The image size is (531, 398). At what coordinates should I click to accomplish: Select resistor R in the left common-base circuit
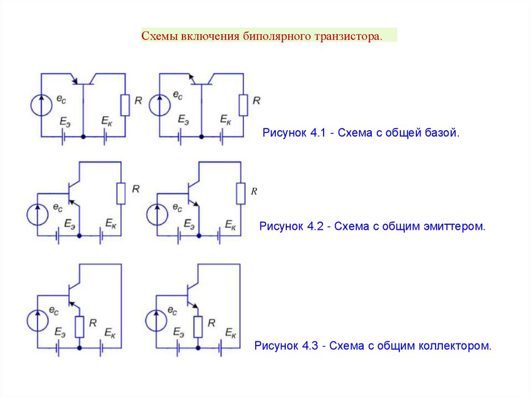[x=125, y=105]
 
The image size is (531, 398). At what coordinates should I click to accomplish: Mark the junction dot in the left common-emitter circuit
[x=79, y=236]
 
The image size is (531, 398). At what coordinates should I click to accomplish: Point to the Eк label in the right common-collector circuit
[x=231, y=333]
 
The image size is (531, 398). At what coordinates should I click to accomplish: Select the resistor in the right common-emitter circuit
[x=241, y=194]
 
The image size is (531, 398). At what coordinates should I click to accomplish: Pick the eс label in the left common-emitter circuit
[x=57, y=208]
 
